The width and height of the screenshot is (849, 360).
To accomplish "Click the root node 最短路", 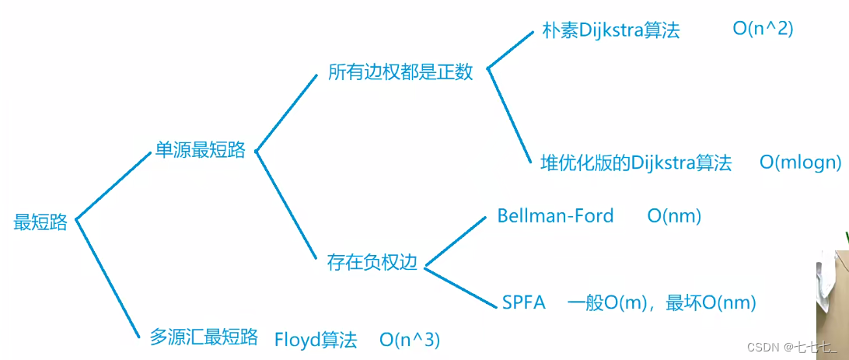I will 40,222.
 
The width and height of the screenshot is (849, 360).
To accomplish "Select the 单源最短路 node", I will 200,151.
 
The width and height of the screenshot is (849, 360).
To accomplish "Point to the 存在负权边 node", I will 372,263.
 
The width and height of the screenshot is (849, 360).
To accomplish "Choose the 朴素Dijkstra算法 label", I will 610,30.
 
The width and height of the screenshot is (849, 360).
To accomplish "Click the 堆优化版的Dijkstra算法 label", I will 636,163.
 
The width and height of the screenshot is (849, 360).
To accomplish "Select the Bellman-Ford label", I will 555,215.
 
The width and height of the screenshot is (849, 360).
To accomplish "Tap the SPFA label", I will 523,302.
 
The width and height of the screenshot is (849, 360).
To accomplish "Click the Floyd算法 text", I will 316,340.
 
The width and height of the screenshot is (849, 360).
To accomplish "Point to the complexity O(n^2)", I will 763,30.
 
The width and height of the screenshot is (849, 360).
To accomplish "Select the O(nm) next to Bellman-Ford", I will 674,215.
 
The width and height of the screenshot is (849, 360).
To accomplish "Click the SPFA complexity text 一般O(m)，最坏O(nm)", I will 662,302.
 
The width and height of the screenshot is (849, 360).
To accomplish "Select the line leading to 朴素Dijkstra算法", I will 511,50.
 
